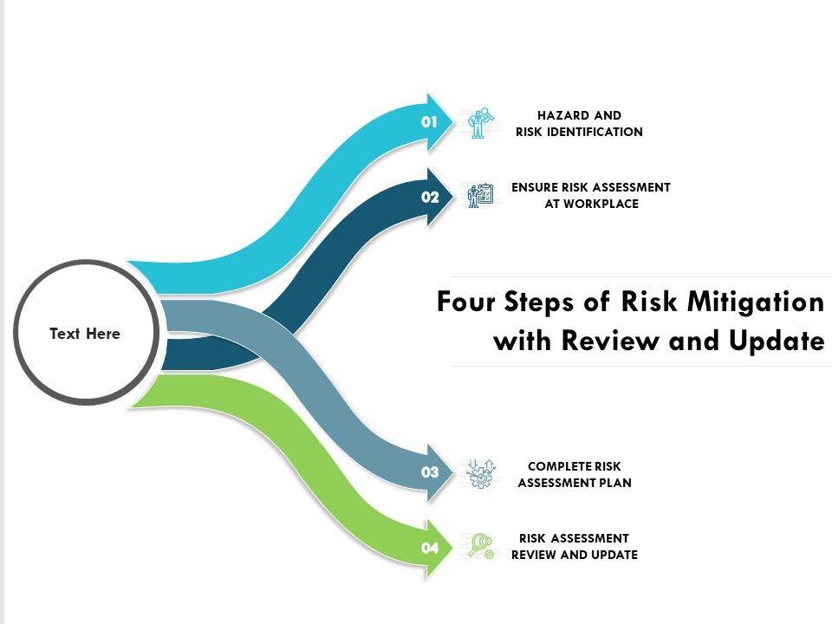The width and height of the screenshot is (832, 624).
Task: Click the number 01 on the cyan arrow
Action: click(x=430, y=122)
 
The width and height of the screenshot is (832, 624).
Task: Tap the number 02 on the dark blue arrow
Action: click(x=431, y=197)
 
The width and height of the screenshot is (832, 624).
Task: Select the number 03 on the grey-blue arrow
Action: click(x=431, y=472)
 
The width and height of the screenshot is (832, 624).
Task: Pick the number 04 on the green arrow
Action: click(x=431, y=548)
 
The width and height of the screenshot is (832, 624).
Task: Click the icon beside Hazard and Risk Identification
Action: click(x=479, y=123)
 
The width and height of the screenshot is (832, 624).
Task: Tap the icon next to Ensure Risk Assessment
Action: click(x=479, y=195)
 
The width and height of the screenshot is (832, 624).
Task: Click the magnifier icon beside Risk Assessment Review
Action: click(x=480, y=545)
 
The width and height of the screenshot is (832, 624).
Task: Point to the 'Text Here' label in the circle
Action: click(x=85, y=334)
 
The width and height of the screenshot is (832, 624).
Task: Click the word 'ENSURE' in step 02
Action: click(x=535, y=187)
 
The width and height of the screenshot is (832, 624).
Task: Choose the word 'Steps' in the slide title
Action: click(x=532, y=304)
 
